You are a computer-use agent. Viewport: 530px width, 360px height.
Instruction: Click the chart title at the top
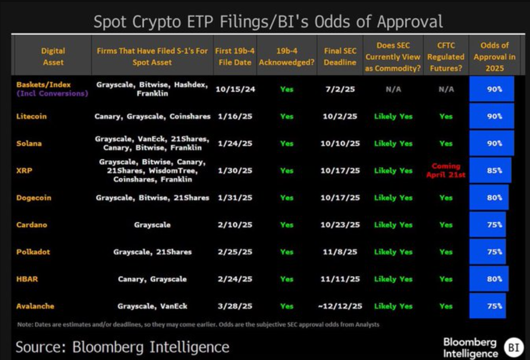[x=269, y=22]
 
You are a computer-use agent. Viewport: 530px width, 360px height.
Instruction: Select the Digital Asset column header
[x=53, y=56]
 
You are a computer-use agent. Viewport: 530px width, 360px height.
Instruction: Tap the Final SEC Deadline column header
[x=340, y=56]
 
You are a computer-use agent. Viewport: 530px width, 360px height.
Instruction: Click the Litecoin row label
[x=31, y=116]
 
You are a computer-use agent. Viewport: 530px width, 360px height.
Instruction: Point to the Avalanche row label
[x=35, y=306]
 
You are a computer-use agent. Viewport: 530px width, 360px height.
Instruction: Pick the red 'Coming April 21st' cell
[x=446, y=170]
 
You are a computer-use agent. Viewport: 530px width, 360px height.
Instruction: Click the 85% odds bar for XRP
[x=490, y=170]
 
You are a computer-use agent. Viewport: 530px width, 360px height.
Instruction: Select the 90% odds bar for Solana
[x=491, y=143]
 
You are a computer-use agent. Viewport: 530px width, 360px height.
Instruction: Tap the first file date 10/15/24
[x=235, y=89]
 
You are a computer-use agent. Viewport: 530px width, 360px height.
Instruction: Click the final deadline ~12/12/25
[x=340, y=306]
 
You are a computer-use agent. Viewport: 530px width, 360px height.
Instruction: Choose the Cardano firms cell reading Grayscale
[x=152, y=225]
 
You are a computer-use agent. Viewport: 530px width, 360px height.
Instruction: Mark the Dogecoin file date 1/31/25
[x=235, y=198]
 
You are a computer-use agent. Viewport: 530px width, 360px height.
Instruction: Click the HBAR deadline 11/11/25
[x=340, y=279]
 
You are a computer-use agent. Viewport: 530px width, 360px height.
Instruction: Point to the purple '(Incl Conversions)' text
[x=52, y=94]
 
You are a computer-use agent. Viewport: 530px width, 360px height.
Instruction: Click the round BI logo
[x=513, y=347]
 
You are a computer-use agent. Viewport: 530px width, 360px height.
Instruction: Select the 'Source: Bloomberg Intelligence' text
[x=122, y=347]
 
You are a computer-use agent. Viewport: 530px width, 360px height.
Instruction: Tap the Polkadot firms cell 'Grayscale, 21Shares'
[x=152, y=252]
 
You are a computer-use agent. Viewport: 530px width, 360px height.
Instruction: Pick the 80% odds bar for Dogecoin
[x=489, y=198]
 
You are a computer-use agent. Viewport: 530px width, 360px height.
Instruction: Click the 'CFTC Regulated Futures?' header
[x=446, y=56]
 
